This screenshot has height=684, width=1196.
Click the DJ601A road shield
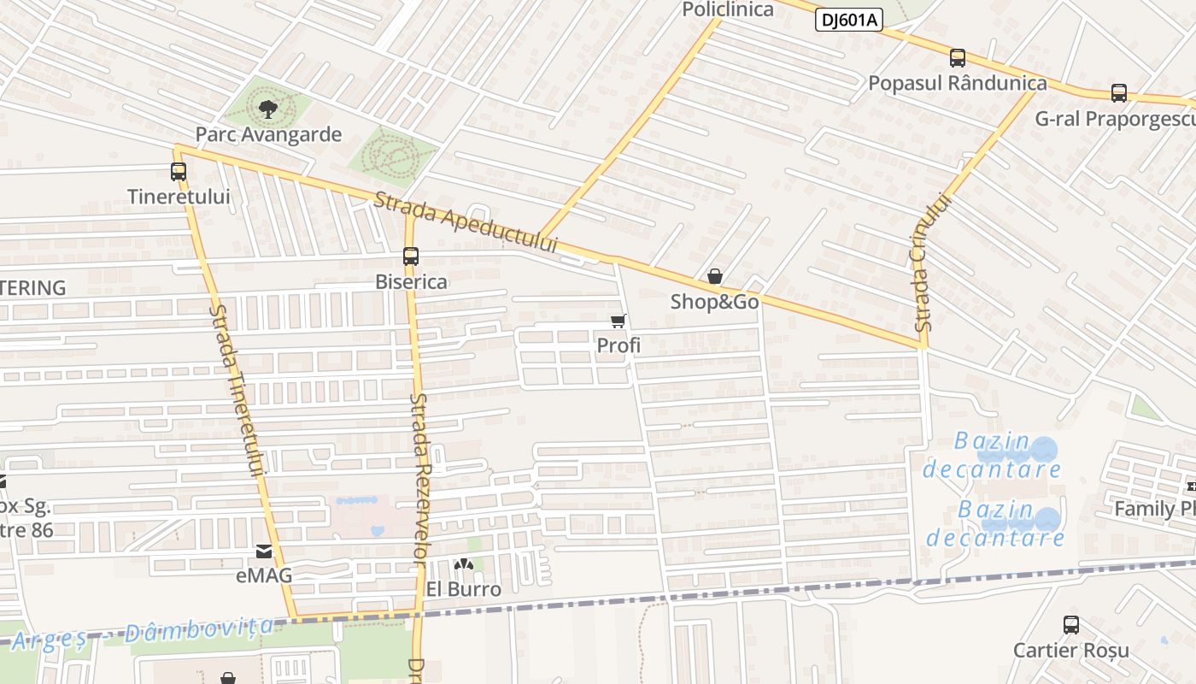(848, 20)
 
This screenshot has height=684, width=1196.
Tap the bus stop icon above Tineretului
(178, 171)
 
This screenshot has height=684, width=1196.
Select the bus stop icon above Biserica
(411, 256)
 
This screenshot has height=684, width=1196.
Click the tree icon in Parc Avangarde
(267, 109)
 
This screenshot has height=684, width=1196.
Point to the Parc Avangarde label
(268, 134)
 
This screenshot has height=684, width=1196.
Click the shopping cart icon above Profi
(619, 321)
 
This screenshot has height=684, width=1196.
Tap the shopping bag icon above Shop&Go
(715, 276)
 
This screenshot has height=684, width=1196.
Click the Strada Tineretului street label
(237, 390)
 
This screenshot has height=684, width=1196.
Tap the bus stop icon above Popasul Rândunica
(958, 58)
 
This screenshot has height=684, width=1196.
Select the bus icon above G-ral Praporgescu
(1119, 93)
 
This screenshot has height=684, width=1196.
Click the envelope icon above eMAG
(264, 551)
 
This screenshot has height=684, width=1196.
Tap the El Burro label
(463, 589)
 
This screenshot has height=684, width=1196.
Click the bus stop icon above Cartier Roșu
(1071, 625)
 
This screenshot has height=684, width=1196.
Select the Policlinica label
(728, 9)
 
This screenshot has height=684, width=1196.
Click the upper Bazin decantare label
(992, 456)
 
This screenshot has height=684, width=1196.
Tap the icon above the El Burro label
(463, 564)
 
